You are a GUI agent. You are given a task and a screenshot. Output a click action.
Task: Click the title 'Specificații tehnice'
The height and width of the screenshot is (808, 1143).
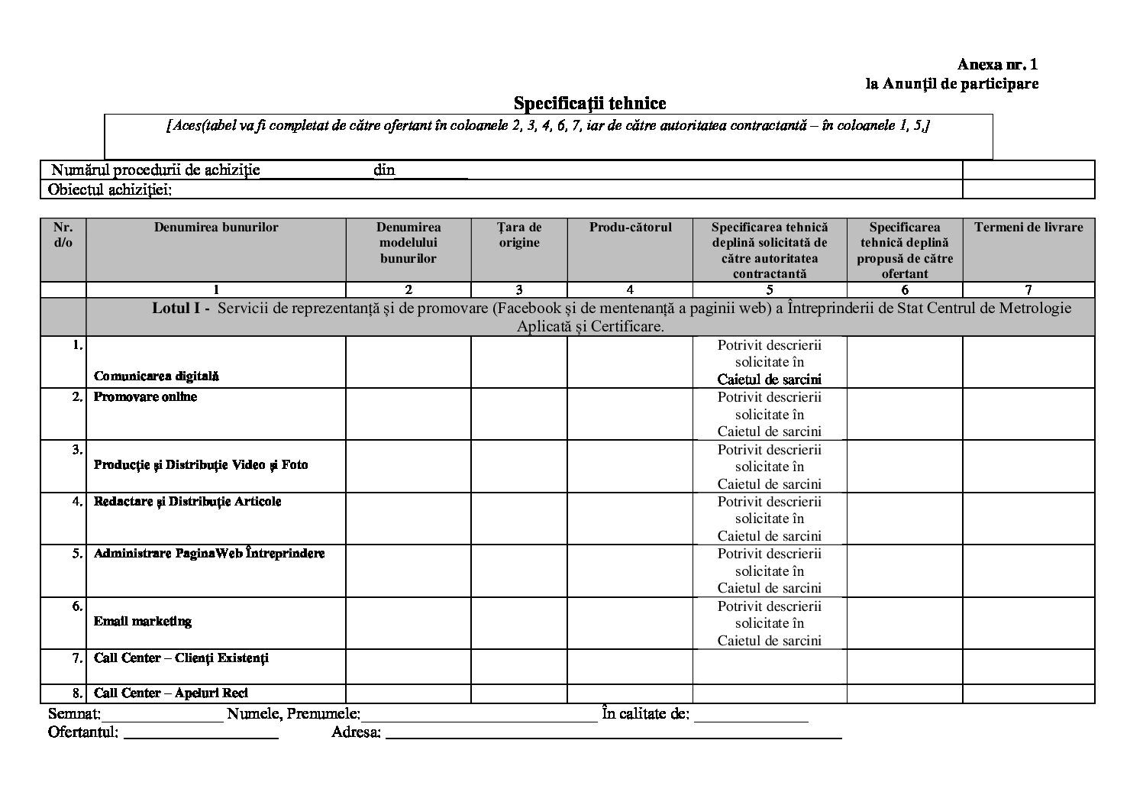point(589,103)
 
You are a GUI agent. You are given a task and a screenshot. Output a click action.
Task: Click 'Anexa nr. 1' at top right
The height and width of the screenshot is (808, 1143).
point(998,65)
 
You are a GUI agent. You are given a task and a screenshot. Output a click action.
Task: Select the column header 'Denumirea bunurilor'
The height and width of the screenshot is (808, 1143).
point(216,227)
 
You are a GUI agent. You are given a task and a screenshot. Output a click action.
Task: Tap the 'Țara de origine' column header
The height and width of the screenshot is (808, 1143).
point(519,234)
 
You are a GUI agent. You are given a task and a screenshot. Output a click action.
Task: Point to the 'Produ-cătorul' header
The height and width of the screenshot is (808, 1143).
point(630,227)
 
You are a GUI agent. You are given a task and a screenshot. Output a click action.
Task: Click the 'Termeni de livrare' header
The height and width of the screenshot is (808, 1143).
point(1028,227)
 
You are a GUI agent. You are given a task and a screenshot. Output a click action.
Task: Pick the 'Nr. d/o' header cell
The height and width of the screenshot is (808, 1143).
point(63,234)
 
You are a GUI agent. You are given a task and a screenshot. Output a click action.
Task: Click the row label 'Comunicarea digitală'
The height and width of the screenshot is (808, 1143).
point(156,376)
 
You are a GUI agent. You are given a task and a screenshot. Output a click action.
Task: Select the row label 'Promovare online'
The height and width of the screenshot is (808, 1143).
point(145,397)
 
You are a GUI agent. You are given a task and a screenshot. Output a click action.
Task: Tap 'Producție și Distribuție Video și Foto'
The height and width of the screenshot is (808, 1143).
point(201,465)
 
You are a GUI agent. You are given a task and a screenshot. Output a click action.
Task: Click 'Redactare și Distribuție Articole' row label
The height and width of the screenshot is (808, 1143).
point(187,502)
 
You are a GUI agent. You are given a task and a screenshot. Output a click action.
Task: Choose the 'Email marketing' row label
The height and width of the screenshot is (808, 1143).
point(143,622)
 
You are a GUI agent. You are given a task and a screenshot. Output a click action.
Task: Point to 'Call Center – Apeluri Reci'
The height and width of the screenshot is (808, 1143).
point(171,693)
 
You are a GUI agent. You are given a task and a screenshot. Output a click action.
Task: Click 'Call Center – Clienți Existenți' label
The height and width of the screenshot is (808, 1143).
point(181,658)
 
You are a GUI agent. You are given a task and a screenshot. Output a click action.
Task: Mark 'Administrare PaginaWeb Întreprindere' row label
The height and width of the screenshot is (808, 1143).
point(209,554)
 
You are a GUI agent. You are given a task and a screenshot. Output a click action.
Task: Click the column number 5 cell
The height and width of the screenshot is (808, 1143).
point(770,289)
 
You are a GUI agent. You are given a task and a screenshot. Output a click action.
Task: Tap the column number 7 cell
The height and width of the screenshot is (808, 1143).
point(1028,289)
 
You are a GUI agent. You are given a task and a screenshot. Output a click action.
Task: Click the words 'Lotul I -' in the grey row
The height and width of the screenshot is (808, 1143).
point(181,309)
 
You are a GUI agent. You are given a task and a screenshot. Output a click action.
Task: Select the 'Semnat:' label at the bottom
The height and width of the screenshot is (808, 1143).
point(74,715)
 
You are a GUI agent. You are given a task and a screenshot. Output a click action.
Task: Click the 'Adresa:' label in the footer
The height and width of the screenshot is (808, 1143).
point(357,733)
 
